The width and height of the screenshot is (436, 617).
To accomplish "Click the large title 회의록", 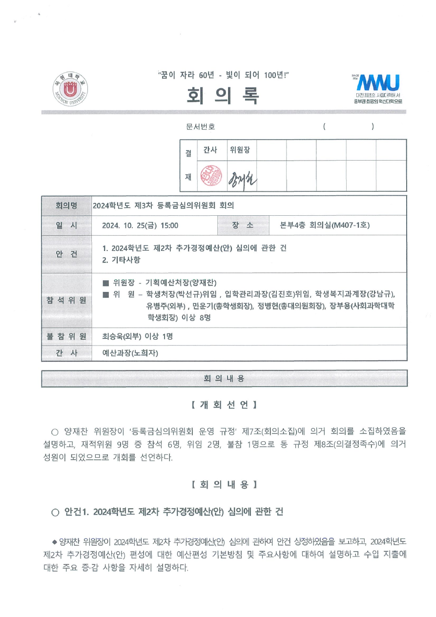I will (x=223, y=95).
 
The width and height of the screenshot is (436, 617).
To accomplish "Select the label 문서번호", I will (x=200, y=127).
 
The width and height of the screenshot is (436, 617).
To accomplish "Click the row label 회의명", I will (x=66, y=206).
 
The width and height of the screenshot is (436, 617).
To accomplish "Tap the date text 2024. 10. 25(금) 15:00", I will (x=140, y=226).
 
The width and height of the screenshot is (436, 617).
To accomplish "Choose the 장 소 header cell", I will (x=243, y=226).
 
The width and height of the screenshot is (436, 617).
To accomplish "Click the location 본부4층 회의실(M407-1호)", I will (x=325, y=226).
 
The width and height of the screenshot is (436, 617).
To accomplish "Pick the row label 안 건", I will (x=66, y=254).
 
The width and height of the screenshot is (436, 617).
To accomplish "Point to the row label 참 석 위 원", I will (x=66, y=300).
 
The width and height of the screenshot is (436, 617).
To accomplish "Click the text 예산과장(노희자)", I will (x=130, y=353).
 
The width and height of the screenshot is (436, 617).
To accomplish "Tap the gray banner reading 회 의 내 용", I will (x=224, y=378).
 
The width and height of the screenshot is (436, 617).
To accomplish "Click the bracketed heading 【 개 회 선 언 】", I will (x=224, y=405).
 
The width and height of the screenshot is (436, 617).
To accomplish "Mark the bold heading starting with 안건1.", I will (x=167, y=512).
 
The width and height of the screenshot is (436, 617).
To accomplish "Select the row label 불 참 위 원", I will (x=66, y=336).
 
